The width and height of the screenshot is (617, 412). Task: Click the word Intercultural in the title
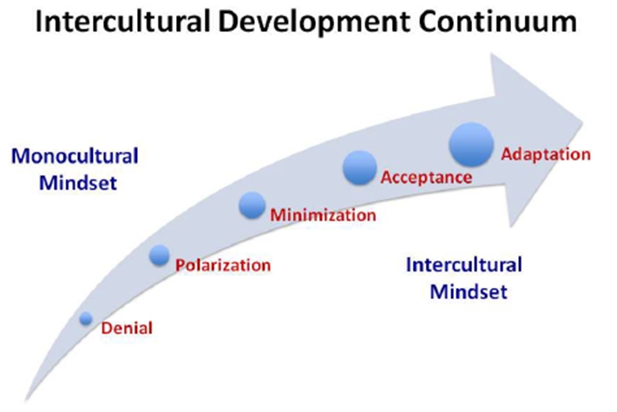[122, 22]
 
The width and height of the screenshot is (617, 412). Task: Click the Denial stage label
[127, 328]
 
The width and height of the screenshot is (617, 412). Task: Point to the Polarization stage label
[223, 265]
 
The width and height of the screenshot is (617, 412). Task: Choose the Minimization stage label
[323, 215]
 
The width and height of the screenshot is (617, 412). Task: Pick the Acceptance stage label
[427, 178]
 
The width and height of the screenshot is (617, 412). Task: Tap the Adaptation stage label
[546, 154]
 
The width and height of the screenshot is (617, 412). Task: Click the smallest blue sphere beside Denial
[86, 318]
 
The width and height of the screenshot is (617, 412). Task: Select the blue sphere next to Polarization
[160, 255]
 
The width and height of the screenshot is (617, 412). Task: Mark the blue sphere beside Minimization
[253, 206]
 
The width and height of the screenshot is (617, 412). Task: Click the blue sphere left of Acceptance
[359, 168]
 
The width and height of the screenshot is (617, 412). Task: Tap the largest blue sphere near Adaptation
[471, 144]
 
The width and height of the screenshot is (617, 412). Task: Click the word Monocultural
[75, 156]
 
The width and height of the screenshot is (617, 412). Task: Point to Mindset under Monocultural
[78, 183]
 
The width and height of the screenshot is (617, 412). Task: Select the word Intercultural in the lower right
[464, 265]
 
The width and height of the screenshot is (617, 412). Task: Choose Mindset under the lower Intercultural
[469, 291]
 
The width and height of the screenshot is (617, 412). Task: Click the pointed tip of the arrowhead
[583, 122]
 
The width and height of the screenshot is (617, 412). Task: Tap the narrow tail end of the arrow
[27, 399]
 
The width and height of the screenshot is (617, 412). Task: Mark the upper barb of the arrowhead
[492, 55]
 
